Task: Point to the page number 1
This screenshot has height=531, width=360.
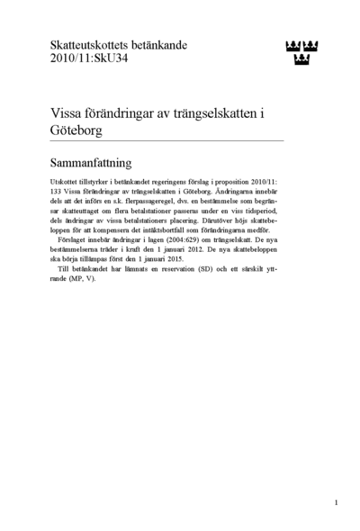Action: (x=336, y=502)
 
